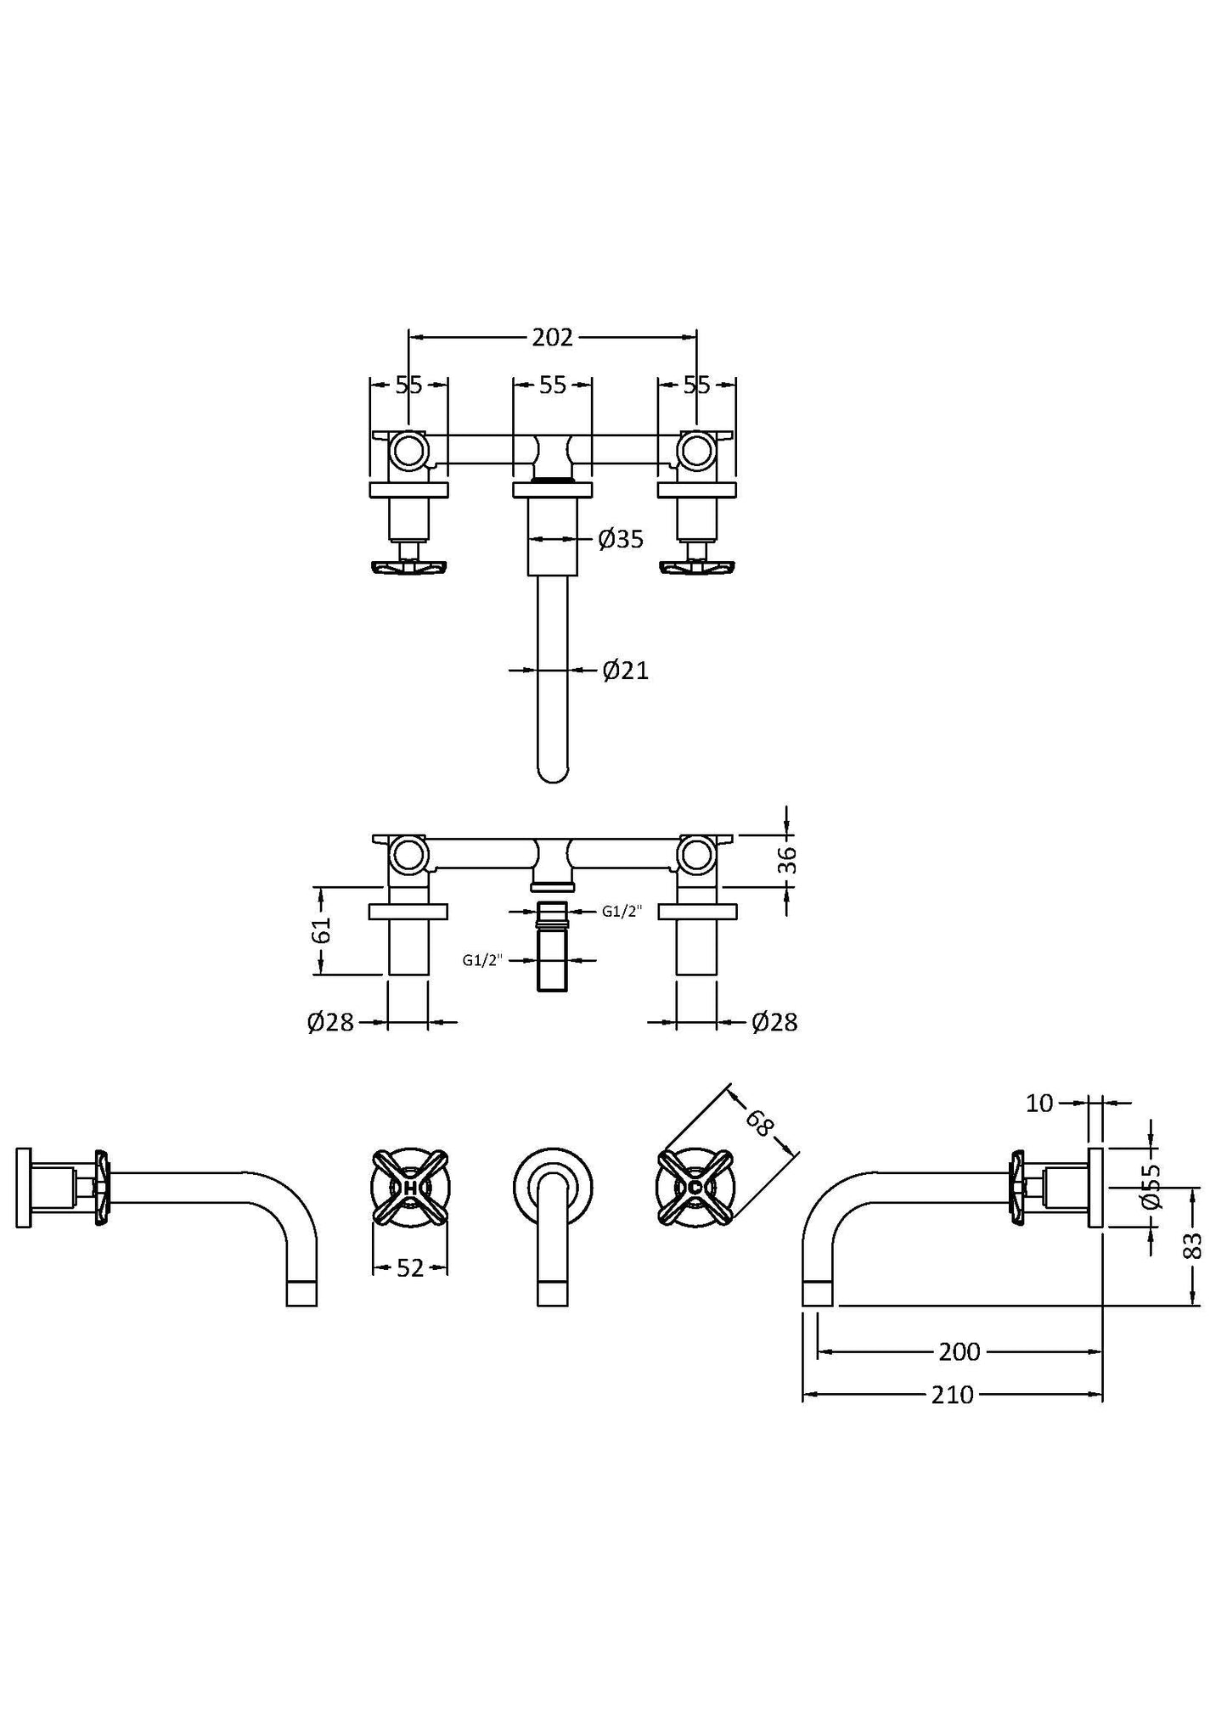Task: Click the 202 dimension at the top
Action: [552, 338]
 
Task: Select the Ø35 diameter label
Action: [621, 538]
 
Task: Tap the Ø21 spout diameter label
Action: [625, 671]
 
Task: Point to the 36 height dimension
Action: [787, 861]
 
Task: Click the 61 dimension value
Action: [321, 931]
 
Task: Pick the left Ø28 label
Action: [330, 1022]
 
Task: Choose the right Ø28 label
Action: [774, 1022]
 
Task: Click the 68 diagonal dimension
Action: [760, 1123]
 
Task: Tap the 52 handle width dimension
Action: [410, 1268]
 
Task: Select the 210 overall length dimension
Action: [952, 1395]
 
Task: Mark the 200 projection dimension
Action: [960, 1351]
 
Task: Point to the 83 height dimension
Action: [1193, 1246]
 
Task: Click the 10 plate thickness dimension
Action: [1039, 1103]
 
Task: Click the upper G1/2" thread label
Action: [622, 912]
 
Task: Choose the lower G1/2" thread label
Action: [482, 960]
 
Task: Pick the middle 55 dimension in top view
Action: [552, 385]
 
